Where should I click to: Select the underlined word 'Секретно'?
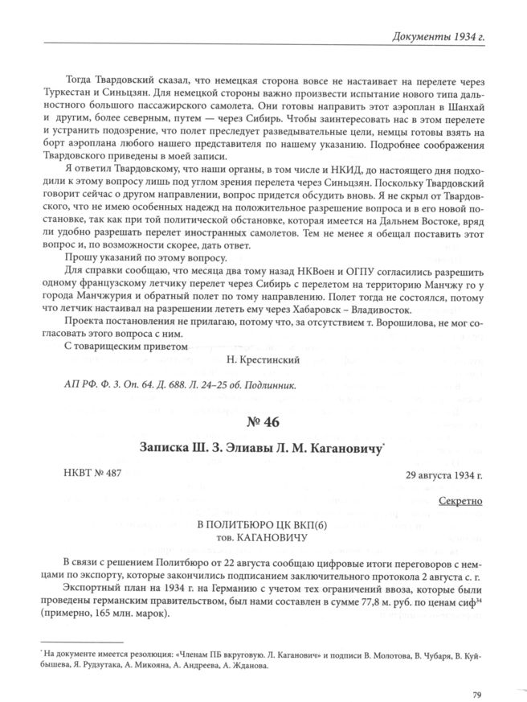461,501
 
